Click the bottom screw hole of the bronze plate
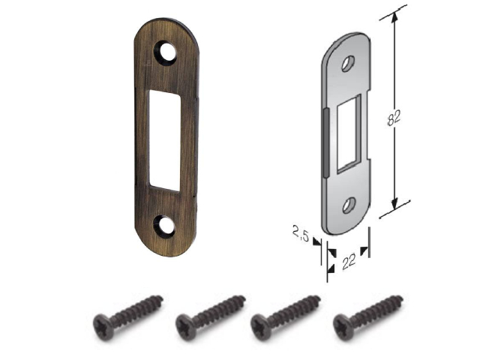[164, 226]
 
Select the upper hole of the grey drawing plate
[348, 64]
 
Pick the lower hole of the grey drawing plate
[349, 205]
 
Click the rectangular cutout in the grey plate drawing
[349, 135]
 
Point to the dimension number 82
[394, 117]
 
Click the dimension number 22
[349, 261]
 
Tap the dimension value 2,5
[301, 233]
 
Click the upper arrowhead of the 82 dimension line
[394, 18]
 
